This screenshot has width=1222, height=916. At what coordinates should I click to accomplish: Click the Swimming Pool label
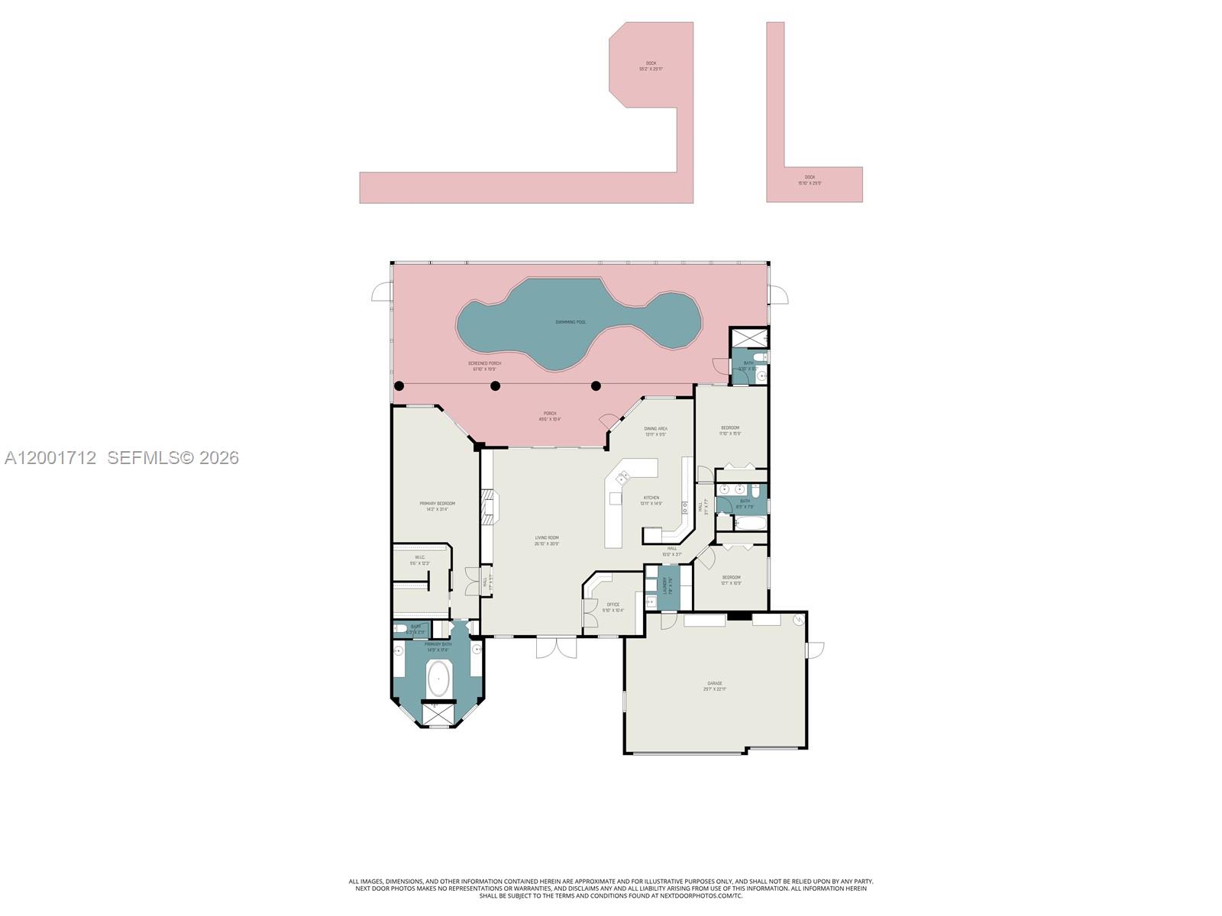pyautogui.click(x=571, y=322)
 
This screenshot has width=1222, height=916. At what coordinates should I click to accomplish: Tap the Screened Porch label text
pyautogui.click(x=484, y=366)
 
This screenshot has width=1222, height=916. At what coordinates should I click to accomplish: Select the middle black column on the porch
pyautogui.click(x=495, y=386)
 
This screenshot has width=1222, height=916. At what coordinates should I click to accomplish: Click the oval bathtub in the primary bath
pyautogui.click(x=438, y=678)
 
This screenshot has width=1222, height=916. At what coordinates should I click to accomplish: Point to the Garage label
pyautogui.click(x=714, y=685)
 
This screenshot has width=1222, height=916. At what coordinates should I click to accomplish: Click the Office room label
pyautogui.click(x=613, y=607)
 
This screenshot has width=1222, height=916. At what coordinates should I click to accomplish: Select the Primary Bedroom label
pyautogui.click(x=437, y=505)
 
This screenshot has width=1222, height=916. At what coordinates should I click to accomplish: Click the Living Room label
pyautogui.click(x=547, y=540)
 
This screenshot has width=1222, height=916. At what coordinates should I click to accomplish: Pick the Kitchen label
pyautogui.click(x=651, y=500)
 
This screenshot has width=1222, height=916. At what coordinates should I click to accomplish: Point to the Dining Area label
pyautogui.click(x=655, y=431)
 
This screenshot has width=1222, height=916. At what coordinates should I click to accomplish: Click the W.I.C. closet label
pyautogui.click(x=419, y=560)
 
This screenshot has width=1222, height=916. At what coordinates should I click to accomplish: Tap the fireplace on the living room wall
pyautogui.click(x=488, y=506)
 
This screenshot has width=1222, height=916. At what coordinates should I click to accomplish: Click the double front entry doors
pyautogui.click(x=555, y=647)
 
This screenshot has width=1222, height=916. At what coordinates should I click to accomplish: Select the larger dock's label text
pyautogui.click(x=651, y=66)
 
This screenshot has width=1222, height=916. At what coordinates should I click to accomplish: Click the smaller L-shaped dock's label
pyautogui.click(x=810, y=179)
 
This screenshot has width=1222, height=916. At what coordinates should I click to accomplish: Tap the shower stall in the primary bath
pyautogui.click(x=437, y=713)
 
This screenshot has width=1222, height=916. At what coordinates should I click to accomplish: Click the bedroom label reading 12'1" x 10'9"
pyautogui.click(x=731, y=580)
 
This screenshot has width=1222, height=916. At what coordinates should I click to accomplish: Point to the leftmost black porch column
pyautogui.click(x=399, y=386)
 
